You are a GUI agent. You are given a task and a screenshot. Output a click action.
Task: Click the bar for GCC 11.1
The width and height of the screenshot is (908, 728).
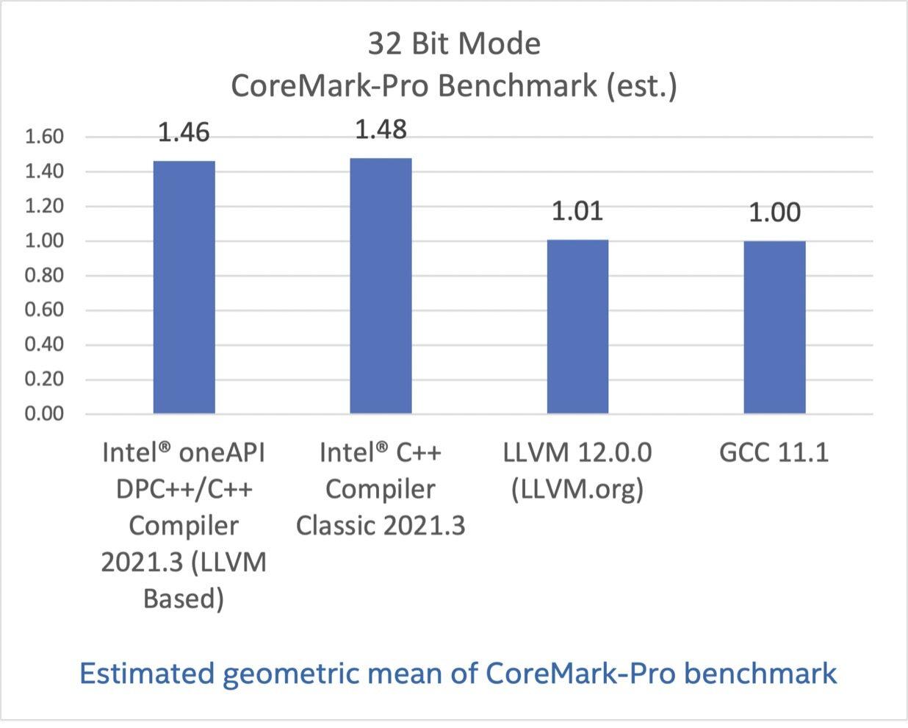(x=774, y=327)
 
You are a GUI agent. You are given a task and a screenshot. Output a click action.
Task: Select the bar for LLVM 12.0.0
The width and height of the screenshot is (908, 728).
(x=577, y=326)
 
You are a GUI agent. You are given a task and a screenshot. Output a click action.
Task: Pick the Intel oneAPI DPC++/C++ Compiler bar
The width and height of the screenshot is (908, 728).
(x=184, y=287)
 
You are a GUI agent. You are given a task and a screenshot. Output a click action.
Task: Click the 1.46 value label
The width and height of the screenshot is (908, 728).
(x=184, y=132)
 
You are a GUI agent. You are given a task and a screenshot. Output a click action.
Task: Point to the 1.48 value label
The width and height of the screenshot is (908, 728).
(x=381, y=129)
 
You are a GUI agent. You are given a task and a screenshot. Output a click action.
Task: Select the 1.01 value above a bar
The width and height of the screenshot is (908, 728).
(x=577, y=211)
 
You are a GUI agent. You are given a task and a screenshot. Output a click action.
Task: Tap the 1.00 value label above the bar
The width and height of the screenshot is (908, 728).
(x=774, y=213)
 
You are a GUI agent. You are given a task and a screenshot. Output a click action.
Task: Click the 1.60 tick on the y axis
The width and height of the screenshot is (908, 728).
(x=44, y=137)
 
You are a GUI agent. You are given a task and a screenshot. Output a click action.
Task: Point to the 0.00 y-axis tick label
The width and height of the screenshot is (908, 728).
(x=44, y=414)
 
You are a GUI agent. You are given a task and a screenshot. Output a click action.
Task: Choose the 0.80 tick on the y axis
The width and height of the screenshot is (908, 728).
(x=44, y=276)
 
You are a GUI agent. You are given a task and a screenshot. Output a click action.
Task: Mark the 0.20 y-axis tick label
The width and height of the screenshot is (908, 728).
(x=44, y=379)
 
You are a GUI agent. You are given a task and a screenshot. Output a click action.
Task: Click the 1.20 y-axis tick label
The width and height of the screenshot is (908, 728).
(x=44, y=207)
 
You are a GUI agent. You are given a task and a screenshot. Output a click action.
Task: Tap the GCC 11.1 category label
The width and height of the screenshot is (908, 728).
(x=774, y=452)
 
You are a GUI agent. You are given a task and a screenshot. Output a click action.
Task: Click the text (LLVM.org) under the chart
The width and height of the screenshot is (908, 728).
(x=577, y=489)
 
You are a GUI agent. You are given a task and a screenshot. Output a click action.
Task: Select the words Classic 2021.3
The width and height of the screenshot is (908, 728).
(x=381, y=526)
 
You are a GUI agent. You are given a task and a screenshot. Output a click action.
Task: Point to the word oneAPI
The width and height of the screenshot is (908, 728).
(x=223, y=452)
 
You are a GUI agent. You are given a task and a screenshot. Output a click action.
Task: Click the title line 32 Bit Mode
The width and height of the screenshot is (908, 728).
(x=454, y=44)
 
